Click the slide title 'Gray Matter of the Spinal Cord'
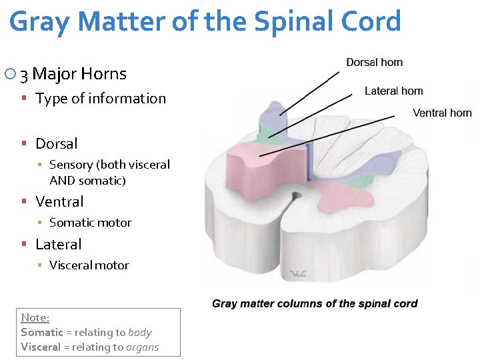point(205,21)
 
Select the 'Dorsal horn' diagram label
point(374,62)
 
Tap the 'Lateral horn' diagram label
point(393,91)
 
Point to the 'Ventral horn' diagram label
point(442,113)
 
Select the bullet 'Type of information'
point(100,99)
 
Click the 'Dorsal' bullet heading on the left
point(56,143)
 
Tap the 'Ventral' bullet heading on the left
point(59,201)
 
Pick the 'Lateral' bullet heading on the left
point(58,244)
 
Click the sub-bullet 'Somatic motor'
point(90,223)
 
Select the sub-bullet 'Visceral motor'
point(89,265)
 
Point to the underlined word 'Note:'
point(35,317)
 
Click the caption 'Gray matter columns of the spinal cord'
point(315,303)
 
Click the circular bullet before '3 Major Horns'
point(9,74)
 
